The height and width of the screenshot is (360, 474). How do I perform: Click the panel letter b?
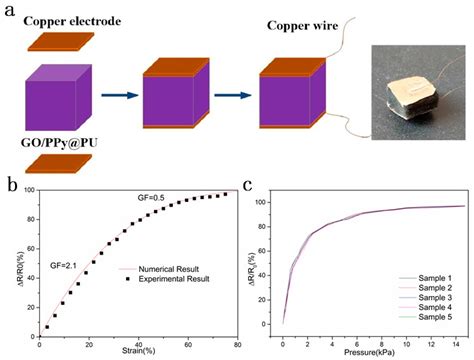[x=10, y=185]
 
